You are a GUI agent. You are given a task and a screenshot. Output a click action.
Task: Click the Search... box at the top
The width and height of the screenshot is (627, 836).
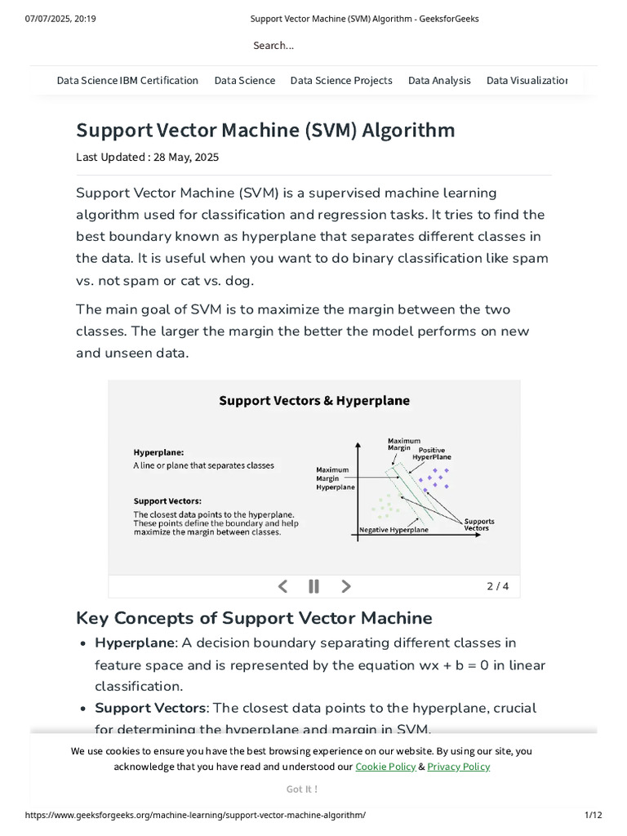coord(273,46)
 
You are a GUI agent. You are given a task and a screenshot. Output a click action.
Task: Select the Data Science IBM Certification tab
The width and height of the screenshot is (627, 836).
coord(127,80)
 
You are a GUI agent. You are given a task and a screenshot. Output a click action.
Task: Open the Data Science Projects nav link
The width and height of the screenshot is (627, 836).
coord(341,80)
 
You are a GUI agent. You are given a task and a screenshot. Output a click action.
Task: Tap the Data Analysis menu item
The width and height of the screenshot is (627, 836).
coord(439,80)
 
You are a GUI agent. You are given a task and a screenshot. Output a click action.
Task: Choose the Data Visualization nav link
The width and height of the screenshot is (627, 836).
coord(527,80)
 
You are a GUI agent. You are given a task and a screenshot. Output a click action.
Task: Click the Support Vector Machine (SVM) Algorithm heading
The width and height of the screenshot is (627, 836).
coord(265,131)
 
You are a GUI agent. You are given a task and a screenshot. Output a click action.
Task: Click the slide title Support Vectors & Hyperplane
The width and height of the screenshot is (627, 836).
coord(314,401)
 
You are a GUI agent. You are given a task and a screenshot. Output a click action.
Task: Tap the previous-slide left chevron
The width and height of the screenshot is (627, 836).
coord(283,585)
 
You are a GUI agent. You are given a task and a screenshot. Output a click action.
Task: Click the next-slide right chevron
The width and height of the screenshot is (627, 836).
coord(346,585)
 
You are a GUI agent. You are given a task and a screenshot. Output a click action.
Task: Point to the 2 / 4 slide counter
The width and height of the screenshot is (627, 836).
coord(497,586)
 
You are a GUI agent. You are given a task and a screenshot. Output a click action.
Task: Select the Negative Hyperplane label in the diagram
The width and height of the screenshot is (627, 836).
coord(394,530)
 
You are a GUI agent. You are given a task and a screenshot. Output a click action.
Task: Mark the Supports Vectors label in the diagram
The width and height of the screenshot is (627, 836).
coord(478,524)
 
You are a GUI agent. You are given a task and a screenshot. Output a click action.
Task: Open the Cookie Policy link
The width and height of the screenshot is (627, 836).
coord(385,767)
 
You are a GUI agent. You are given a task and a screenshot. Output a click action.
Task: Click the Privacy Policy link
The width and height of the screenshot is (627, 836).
coord(458,767)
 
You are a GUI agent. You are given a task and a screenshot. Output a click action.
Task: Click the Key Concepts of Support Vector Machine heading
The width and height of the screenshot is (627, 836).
coord(254,617)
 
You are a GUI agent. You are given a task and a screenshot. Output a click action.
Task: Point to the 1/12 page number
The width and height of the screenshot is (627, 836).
coord(593,816)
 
